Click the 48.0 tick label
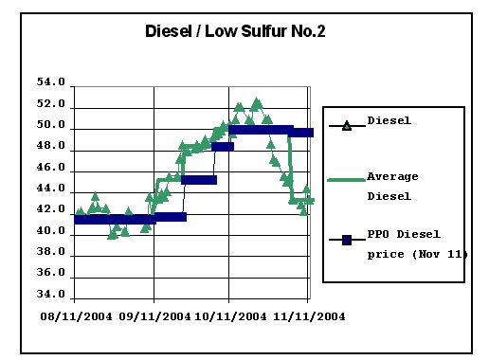point(50,147)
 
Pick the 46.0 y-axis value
point(50,168)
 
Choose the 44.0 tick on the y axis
point(50,189)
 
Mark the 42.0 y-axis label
point(50,210)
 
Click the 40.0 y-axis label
point(50,231)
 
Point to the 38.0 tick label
point(50,252)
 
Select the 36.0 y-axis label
point(50,273)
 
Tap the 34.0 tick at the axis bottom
point(50,295)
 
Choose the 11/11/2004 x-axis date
point(307,316)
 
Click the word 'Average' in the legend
point(392,177)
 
